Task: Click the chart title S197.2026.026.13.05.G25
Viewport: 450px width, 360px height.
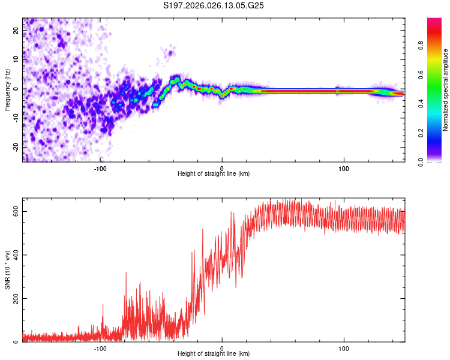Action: tap(214, 5)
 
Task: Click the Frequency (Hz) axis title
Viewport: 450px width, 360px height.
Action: tap(7, 89)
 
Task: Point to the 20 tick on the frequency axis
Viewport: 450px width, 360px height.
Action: tap(16, 31)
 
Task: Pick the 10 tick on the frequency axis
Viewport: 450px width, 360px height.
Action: tap(16, 59)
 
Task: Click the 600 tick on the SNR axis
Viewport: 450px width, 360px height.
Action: tap(16, 211)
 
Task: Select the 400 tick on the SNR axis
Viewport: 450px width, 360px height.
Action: tap(16, 255)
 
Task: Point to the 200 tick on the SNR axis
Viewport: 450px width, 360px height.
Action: tap(16, 298)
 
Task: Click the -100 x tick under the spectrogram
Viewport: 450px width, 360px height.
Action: tap(100, 168)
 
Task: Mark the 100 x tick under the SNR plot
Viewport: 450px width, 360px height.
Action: tap(344, 348)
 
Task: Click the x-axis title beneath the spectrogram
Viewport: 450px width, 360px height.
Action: tap(214, 174)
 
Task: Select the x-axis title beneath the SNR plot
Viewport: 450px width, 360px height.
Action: tap(214, 355)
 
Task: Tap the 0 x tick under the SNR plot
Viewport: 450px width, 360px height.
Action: tap(222, 348)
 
